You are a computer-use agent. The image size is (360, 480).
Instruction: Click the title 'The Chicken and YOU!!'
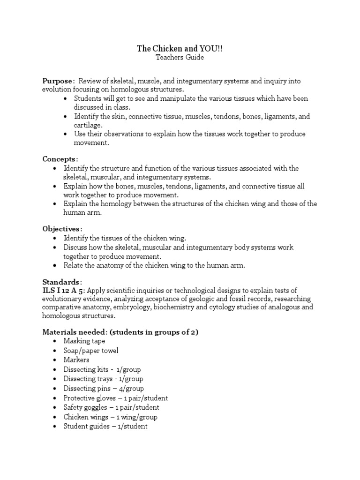pyautogui.click(x=180, y=48)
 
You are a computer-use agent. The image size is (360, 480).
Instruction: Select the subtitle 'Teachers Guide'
pyautogui.click(x=180, y=58)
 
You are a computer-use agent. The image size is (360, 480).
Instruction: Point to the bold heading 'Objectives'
pyautogui.click(x=62, y=229)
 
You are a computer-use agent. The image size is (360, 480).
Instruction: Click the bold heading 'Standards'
pyautogui.click(x=61, y=282)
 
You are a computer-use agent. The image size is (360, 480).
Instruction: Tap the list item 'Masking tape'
pyautogui.click(x=84, y=341)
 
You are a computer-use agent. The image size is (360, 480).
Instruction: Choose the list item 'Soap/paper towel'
pyautogui.click(x=91, y=351)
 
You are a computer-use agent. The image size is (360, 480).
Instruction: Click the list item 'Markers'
pyautogui.click(x=76, y=360)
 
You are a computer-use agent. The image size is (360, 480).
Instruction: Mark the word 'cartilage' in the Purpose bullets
pyautogui.click(x=88, y=126)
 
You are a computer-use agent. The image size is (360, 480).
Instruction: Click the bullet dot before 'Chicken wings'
pyautogui.click(x=55, y=417)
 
